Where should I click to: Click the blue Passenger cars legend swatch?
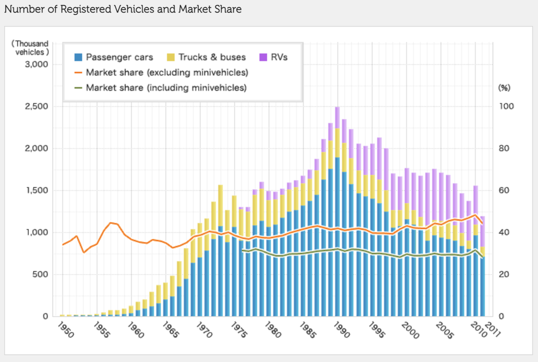pyautogui.click(x=78, y=57)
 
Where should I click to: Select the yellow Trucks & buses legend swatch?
pyautogui.click(x=171, y=57)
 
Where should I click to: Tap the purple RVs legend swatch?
pyautogui.click(x=263, y=57)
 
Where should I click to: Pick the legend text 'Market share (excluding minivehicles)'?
pyautogui.click(x=167, y=73)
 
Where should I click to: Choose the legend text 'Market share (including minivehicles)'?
pyautogui.click(x=166, y=88)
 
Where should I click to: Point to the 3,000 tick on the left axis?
pyautogui.click(x=37, y=64)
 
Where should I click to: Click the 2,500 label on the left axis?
pyautogui.click(x=37, y=106)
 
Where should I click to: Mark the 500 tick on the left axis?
pyautogui.click(x=40, y=274)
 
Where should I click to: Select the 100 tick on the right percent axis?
pyautogui.click(x=506, y=106)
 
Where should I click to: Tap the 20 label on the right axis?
pyautogui.click(x=504, y=274)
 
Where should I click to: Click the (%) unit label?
pyautogui.click(x=504, y=88)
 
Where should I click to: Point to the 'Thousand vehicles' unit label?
pyautogui.click(x=31, y=48)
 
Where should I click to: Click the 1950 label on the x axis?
pyautogui.click(x=66, y=330)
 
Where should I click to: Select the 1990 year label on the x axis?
pyautogui.click(x=341, y=330)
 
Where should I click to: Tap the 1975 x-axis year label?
pyautogui.click(x=239, y=330)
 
